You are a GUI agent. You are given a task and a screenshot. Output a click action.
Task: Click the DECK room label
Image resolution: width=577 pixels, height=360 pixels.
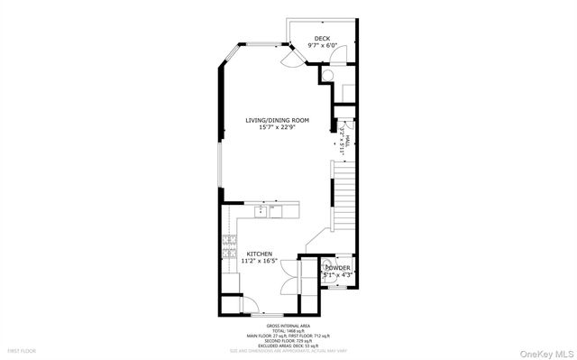pyautogui.click(x=322, y=38)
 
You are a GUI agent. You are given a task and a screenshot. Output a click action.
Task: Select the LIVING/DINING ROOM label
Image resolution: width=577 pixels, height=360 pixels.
pyautogui.click(x=278, y=120)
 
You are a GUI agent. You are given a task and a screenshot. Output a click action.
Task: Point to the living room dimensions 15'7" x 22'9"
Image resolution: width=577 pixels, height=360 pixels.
pyautogui.click(x=278, y=127)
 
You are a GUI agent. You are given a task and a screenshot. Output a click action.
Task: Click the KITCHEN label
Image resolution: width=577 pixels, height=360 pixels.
pyautogui.click(x=260, y=254)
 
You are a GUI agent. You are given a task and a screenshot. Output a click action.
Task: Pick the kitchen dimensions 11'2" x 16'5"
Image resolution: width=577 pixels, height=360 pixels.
pyautogui.click(x=260, y=262)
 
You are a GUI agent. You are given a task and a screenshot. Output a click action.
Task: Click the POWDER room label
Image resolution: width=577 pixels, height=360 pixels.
pyautogui.click(x=338, y=268)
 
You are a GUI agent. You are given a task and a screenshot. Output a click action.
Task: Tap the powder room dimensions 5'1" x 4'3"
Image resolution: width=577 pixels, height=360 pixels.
pyautogui.click(x=338, y=274)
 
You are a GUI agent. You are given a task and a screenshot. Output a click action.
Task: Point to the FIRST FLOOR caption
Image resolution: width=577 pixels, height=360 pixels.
pyautogui.click(x=21, y=350)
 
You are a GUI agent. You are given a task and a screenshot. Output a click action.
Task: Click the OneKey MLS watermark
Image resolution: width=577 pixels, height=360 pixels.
pyautogui.click(x=544, y=349)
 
